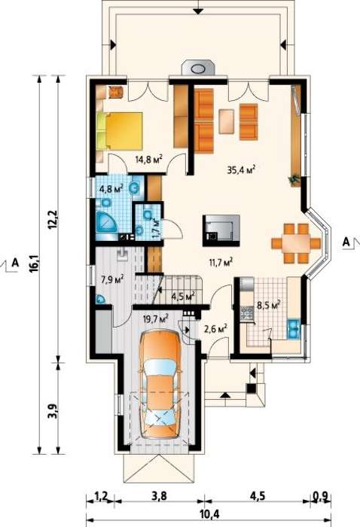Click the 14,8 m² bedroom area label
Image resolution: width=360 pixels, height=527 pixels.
(149, 158)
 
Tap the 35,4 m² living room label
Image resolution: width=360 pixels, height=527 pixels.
(241, 169)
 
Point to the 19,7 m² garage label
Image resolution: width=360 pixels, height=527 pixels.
(156, 318)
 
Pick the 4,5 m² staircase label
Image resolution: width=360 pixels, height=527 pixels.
(184, 297)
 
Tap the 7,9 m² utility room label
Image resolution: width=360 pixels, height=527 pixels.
(112, 279)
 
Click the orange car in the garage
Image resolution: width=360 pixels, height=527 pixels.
(160, 383)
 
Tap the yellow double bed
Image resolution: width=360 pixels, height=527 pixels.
(119, 131)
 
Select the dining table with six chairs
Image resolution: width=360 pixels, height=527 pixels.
(296, 242)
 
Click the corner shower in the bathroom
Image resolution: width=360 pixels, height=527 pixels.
(106, 222)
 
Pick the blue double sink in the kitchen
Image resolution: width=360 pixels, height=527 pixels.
(293, 328)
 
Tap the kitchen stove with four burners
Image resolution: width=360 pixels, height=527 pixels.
(247, 314)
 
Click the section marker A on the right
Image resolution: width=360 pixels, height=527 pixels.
(346, 242)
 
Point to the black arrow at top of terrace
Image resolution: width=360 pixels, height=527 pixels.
(199, 10)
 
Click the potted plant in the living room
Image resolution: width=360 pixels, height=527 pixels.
(295, 180)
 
